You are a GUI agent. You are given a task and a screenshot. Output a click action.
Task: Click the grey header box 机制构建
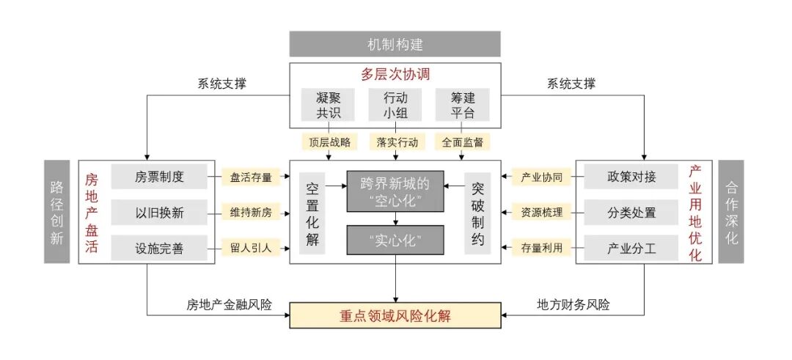395,44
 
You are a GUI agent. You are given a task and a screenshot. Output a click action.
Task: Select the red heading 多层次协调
395,75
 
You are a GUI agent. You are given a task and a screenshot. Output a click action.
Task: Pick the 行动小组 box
395,105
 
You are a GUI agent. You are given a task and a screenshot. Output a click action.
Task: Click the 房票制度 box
159,177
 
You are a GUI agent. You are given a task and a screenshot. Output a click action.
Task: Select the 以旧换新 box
159,213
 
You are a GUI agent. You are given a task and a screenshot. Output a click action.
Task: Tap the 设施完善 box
159,249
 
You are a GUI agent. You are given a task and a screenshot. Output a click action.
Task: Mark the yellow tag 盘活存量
251,177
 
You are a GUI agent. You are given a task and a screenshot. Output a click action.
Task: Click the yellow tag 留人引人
251,249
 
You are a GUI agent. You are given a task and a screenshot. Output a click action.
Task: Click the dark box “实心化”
395,240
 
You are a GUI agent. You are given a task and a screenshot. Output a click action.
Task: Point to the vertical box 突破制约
478,213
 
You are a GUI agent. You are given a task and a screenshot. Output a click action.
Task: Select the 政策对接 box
631,177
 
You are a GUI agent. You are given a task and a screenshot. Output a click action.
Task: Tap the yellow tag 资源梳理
542,213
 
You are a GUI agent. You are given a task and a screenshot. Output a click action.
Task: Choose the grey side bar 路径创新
56,212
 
